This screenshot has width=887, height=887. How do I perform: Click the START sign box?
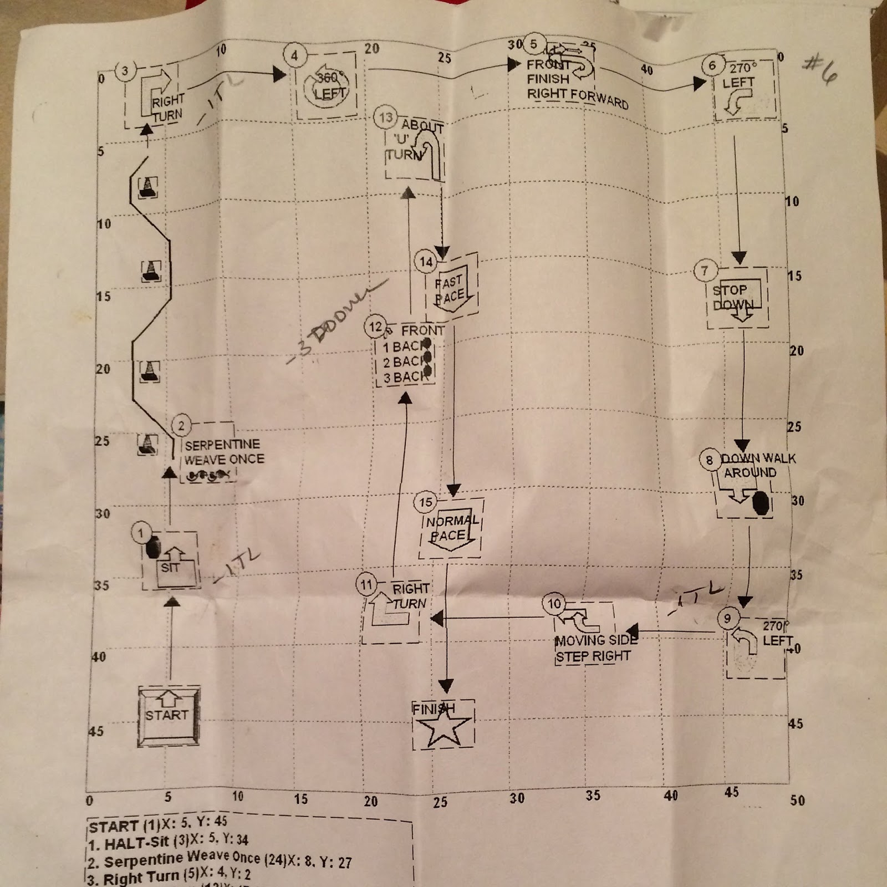(x=169, y=716)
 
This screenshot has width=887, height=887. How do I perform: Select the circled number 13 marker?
(x=385, y=118)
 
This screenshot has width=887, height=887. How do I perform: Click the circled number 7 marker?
(x=705, y=271)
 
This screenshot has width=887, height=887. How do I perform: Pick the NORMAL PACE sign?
(x=451, y=528)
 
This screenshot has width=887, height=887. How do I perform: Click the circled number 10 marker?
(x=554, y=604)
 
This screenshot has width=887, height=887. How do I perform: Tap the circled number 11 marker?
(x=366, y=585)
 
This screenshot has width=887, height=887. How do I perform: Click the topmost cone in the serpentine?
(x=147, y=187)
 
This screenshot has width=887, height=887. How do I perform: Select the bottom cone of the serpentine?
(x=147, y=443)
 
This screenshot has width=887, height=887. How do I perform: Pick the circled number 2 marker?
(x=181, y=426)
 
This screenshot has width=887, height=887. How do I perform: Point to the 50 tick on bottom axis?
(x=797, y=800)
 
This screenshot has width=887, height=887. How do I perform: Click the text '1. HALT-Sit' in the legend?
(x=129, y=843)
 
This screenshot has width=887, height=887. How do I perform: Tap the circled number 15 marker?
(x=425, y=503)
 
